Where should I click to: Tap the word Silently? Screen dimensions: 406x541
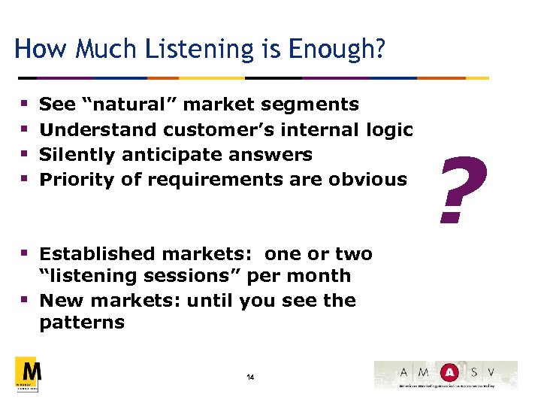point(75,155)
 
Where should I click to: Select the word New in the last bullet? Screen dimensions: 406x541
point(57,301)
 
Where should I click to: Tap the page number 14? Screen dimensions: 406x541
point(250,377)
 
